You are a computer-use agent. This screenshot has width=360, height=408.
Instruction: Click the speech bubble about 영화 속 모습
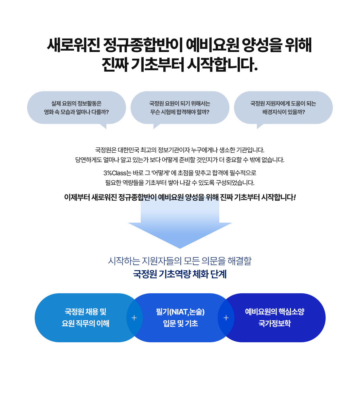click(76, 108)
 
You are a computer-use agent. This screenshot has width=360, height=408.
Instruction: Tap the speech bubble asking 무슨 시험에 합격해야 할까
click(180, 108)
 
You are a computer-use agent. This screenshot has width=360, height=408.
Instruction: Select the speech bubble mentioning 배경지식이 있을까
click(283, 108)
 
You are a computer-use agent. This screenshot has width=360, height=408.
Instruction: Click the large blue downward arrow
click(180, 226)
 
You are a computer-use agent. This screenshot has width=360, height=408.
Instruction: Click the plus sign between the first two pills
click(134, 318)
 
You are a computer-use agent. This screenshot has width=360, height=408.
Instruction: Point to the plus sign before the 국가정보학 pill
click(226, 318)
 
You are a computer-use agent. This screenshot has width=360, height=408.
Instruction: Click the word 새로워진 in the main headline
click(73, 45)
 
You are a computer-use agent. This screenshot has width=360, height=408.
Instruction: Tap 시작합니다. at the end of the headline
click(223, 64)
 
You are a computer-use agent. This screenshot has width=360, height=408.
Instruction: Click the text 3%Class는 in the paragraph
click(117, 173)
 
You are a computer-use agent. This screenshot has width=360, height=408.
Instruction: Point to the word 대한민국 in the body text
click(128, 150)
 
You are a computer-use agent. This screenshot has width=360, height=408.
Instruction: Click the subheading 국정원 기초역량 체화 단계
click(180, 274)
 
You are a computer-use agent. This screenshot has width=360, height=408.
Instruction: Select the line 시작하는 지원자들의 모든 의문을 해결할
click(180, 261)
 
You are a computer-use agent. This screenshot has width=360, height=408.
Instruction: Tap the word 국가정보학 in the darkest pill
click(275, 324)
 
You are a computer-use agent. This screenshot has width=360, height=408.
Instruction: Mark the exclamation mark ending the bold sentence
click(295, 197)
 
